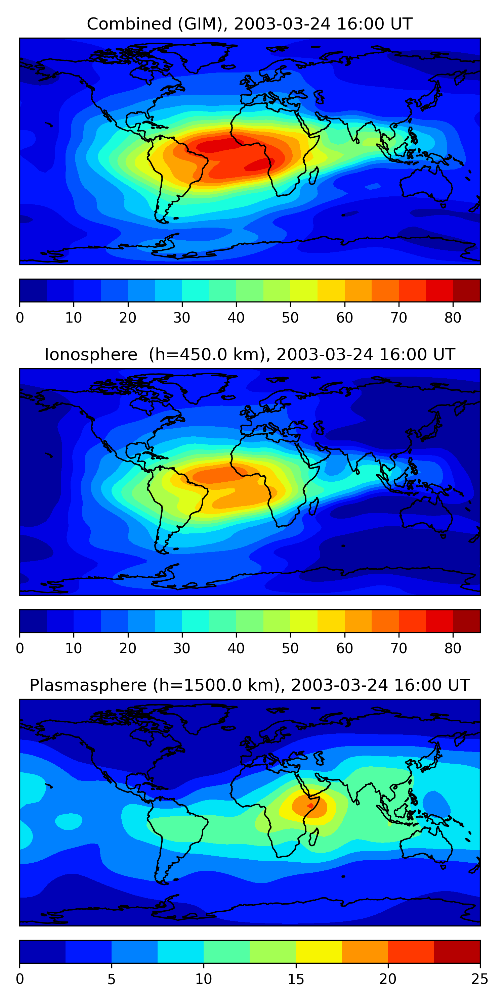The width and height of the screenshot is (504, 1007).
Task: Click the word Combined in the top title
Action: (129, 24)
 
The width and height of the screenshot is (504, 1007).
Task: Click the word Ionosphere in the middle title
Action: (91, 355)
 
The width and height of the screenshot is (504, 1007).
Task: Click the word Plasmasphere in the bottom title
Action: (88, 686)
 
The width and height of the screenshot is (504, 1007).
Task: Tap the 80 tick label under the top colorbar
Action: (453, 318)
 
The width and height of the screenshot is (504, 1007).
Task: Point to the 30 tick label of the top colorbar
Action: (182, 318)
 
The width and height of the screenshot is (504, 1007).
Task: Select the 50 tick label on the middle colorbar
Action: (290, 649)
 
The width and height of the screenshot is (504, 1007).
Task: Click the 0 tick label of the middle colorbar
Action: (20, 649)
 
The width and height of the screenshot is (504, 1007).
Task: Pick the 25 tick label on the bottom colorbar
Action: (480, 979)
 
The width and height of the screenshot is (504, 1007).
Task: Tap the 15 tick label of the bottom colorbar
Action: (296, 979)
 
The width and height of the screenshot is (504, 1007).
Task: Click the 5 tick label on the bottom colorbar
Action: (112, 979)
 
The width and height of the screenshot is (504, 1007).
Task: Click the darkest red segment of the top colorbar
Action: (466, 290)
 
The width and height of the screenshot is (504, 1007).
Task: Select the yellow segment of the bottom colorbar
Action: (319, 952)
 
